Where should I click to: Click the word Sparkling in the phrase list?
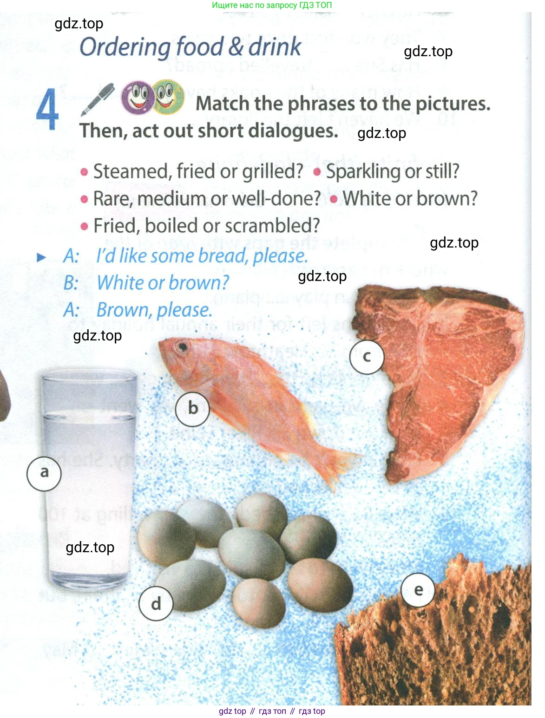(361, 171)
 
